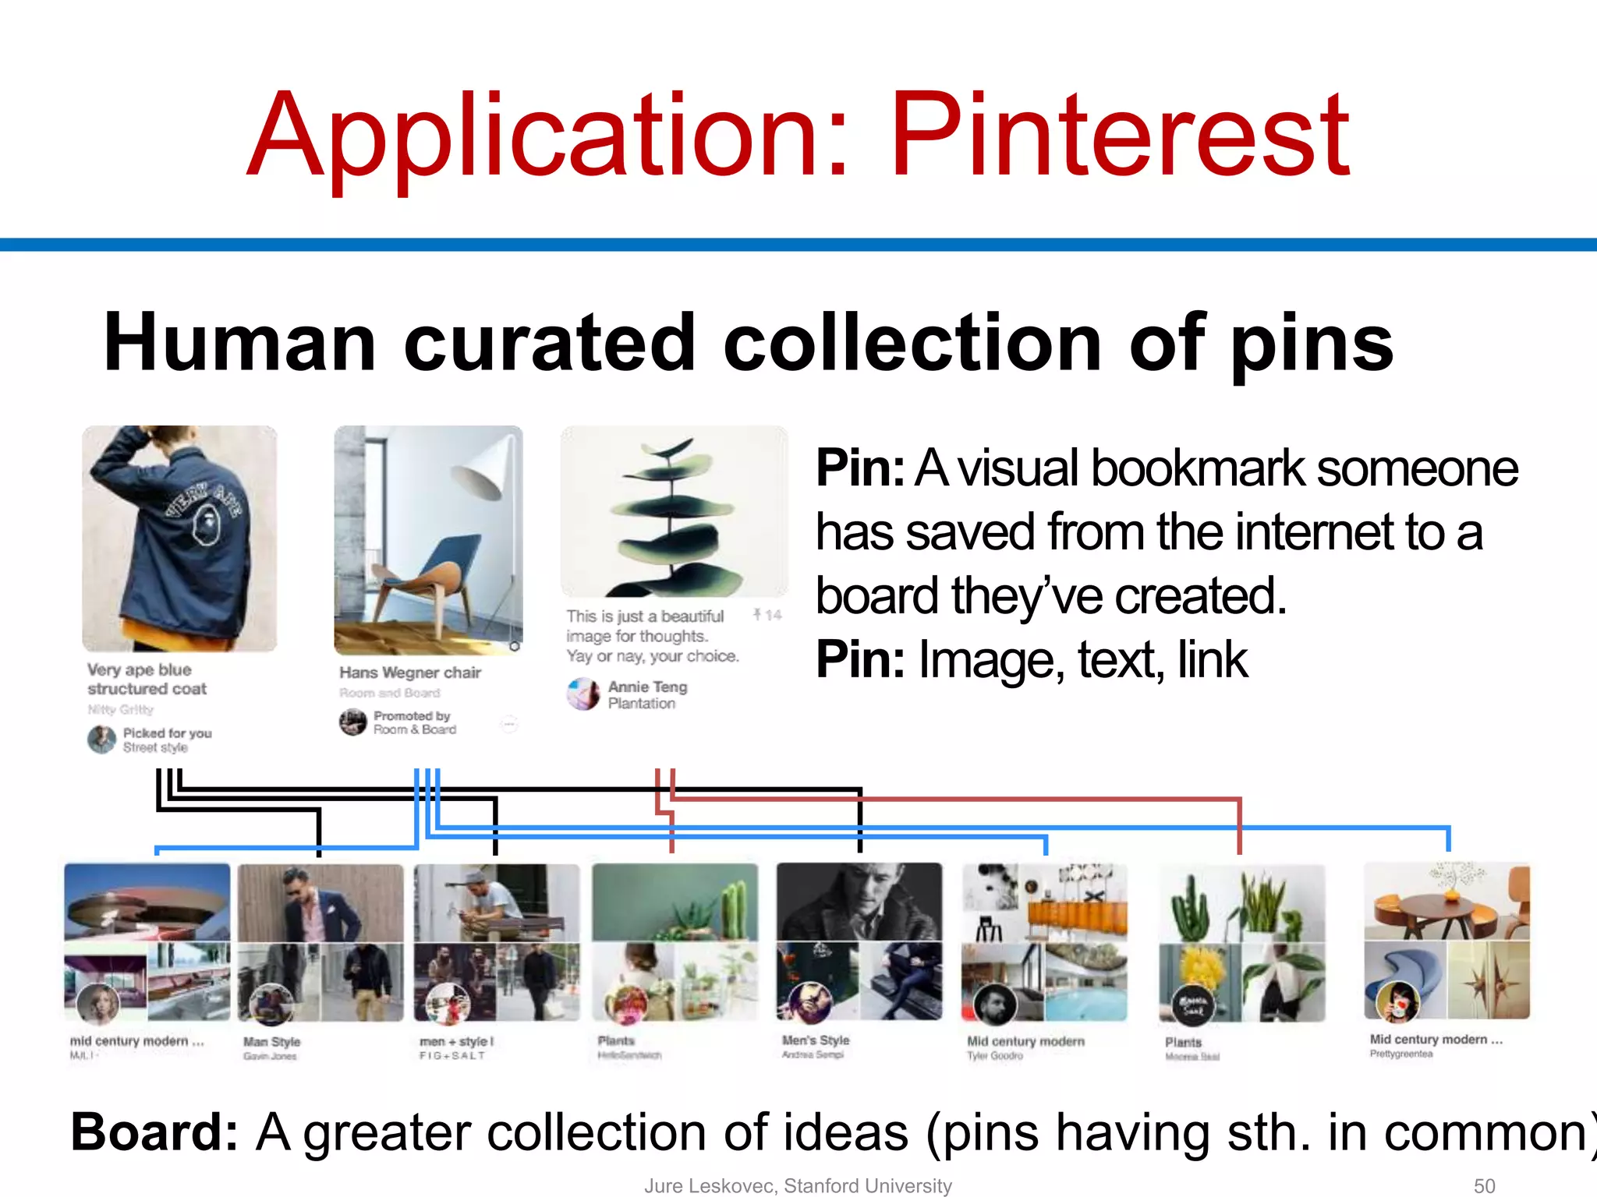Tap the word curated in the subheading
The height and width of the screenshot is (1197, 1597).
[x=549, y=343]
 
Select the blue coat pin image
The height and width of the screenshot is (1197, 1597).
[x=179, y=538]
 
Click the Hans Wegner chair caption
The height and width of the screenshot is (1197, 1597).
[x=410, y=673]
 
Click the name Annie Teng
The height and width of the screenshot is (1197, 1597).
[x=647, y=687]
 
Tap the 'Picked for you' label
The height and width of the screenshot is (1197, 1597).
[x=167, y=733]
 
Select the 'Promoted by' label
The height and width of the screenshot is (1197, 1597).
[x=412, y=715]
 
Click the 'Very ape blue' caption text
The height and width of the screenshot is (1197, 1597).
[x=140, y=669]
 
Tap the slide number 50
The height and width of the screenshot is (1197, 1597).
[x=1484, y=1185]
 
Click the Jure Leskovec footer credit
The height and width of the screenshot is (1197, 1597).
[x=797, y=1185]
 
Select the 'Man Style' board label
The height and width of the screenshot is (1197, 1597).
[x=271, y=1042]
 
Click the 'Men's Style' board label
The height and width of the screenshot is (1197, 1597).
[x=816, y=1040]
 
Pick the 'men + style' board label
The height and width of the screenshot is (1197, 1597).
[x=456, y=1041]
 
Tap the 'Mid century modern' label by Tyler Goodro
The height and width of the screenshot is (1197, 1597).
[x=1025, y=1041]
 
